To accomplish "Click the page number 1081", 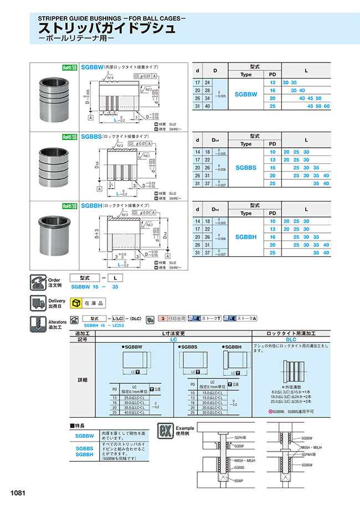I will coord(17,493).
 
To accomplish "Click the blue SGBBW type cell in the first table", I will coord(246,94).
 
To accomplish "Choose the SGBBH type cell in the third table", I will coord(246,236).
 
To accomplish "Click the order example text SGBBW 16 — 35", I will coord(95,287).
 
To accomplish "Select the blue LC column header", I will coord(174,339).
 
